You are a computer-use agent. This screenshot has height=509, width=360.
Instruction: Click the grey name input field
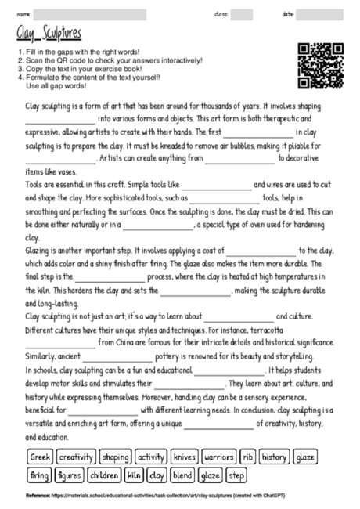pyautogui.click(x=89, y=14)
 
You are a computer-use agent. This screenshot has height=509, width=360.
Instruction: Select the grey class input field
pyautogui.click(x=241, y=14)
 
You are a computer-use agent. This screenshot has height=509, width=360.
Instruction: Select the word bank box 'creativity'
pyautogui.click(x=76, y=457)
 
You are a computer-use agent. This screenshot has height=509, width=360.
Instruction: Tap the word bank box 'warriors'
pyautogui.click(x=218, y=457)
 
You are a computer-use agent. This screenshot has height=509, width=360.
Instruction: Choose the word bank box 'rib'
pyautogui.click(x=248, y=457)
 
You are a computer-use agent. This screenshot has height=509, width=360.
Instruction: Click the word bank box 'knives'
pyautogui.click(x=185, y=457)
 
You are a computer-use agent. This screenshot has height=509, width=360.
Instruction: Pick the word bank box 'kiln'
pyautogui.click(x=135, y=475)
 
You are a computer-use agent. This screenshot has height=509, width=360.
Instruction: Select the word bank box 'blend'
pyautogui.click(x=182, y=475)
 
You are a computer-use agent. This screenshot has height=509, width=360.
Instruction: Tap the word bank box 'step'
pyautogui.click(x=236, y=475)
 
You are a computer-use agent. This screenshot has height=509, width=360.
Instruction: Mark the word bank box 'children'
pyautogui.click(x=104, y=475)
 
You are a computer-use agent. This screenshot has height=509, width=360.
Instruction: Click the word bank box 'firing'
pyautogui.click(x=39, y=475)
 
